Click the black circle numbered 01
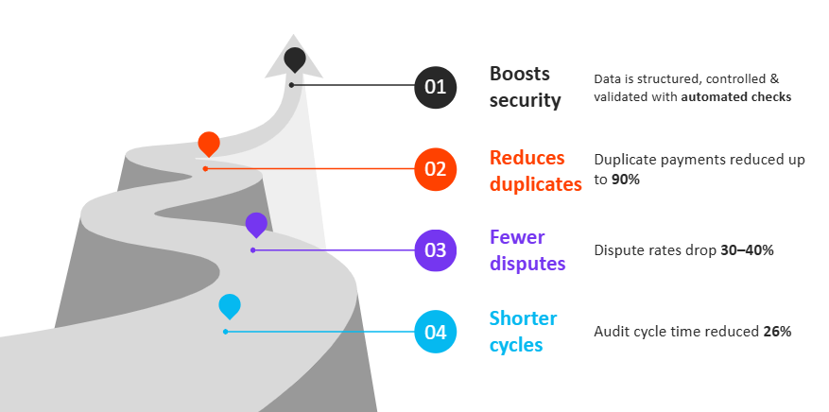pyautogui.click(x=435, y=87)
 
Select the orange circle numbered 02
pyautogui.click(x=435, y=169)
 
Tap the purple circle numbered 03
pyautogui.click(x=435, y=250)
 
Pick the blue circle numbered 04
pyautogui.click(x=435, y=332)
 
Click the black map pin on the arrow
pyautogui.click(x=295, y=59)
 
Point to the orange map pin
pyautogui.click(x=209, y=144)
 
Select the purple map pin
pyautogui.click(x=256, y=224)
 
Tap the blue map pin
pyautogui.click(x=229, y=305)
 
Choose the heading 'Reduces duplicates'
pyautogui.click(x=535, y=170)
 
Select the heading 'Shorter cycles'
pyautogui.click(x=523, y=332)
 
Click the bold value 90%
pyautogui.click(x=625, y=179)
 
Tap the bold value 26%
pyautogui.click(x=777, y=332)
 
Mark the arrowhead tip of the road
pyautogui.click(x=294, y=34)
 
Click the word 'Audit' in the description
pyautogui.click(x=611, y=332)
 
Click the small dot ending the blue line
pyautogui.click(x=225, y=332)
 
